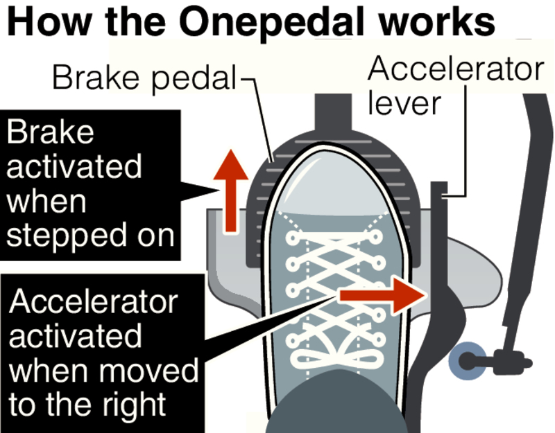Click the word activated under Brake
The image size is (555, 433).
pyautogui.click(x=74, y=167)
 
